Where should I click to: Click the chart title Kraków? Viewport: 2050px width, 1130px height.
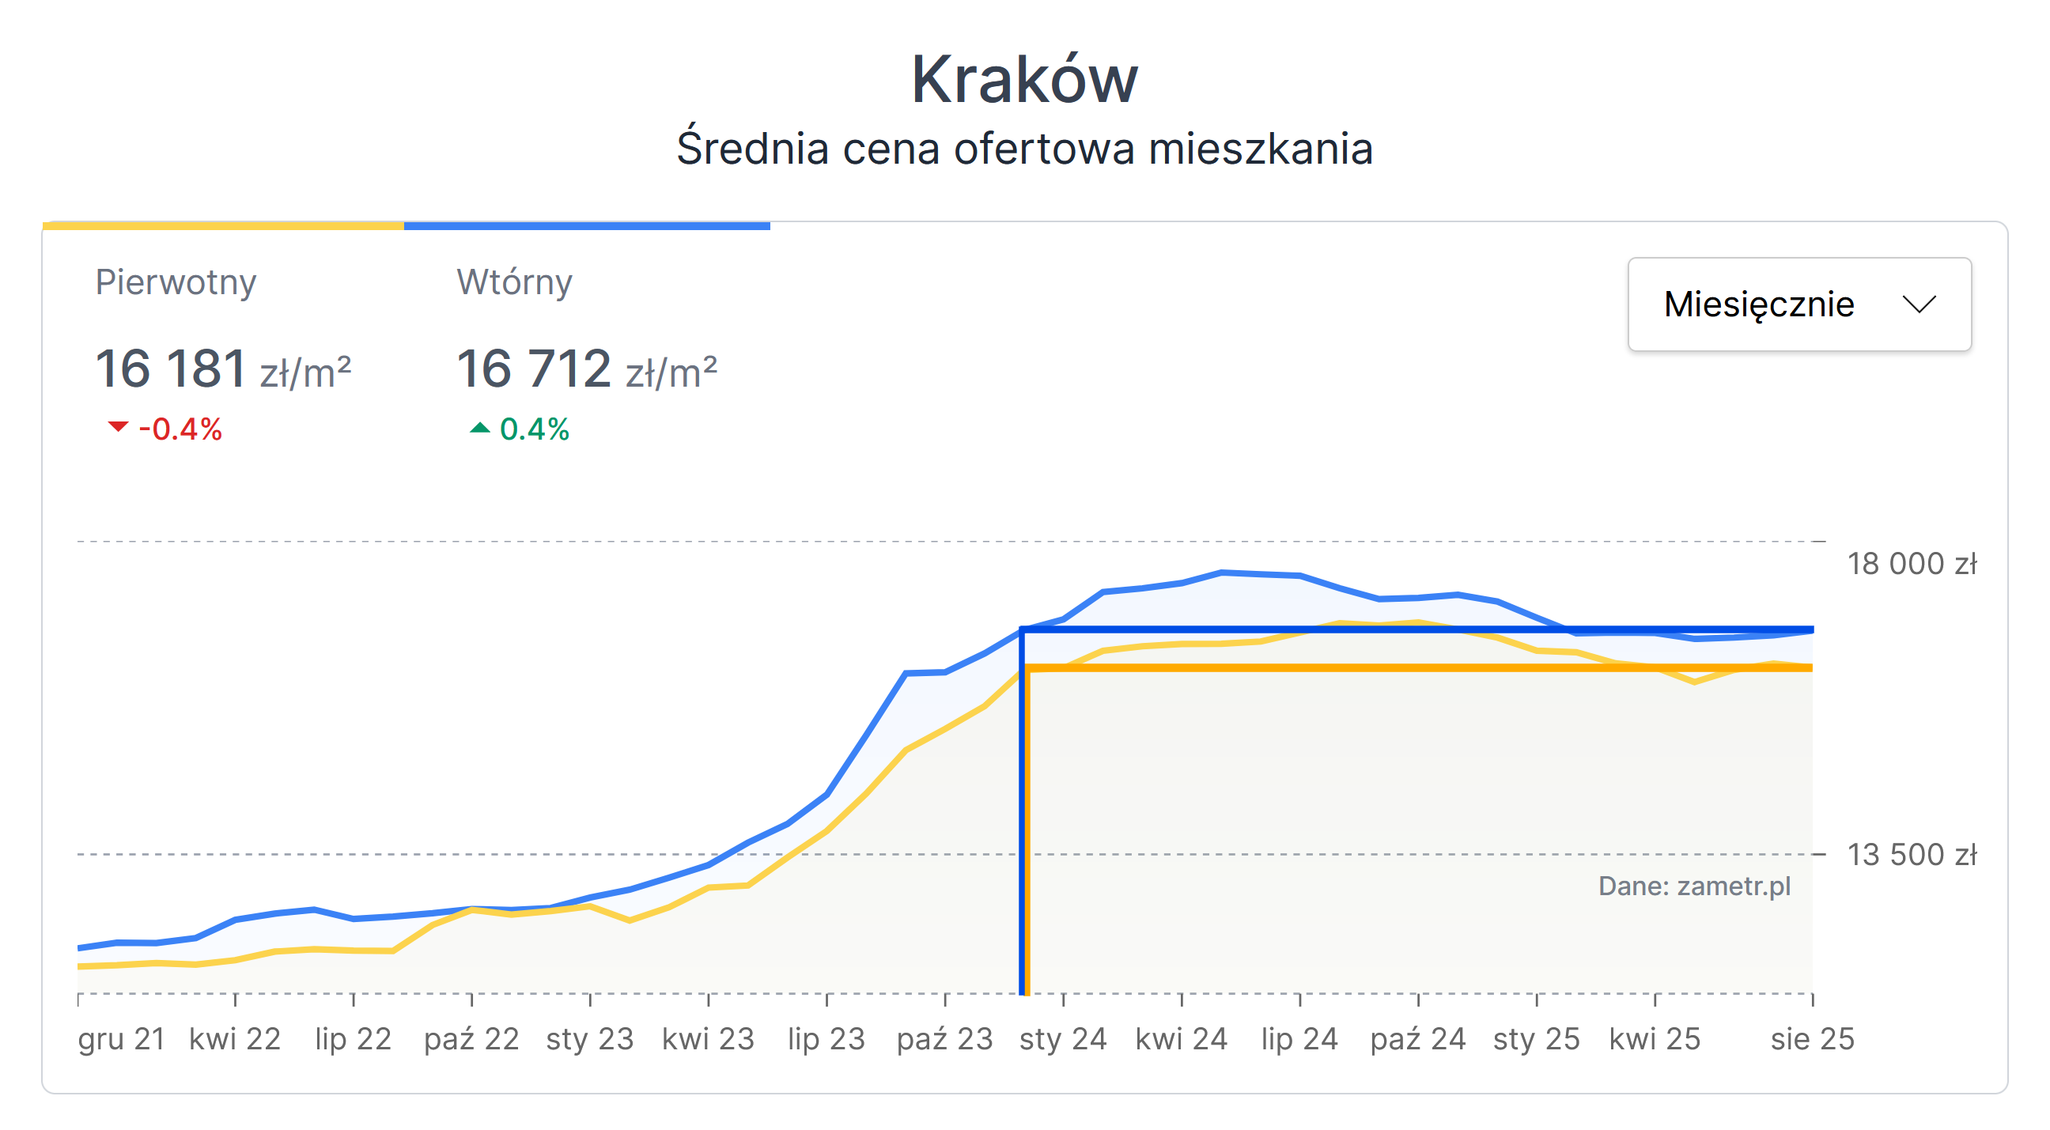(x=1024, y=80)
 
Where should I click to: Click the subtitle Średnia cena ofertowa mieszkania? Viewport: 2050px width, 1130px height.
(x=1024, y=149)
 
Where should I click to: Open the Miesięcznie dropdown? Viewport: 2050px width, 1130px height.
(x=1798, y=304)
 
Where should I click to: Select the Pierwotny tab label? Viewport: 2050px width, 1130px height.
(x=176, y=282)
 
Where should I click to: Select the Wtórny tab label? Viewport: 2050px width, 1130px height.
(x=514, y=282)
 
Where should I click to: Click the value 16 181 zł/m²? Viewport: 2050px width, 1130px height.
(x=223, y=369)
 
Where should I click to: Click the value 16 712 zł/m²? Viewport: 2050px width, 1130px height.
(x=587, y=369)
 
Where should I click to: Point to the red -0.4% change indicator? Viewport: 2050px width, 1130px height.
(x=165, y=429)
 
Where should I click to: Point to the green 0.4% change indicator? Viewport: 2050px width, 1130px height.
(x=520, y=429)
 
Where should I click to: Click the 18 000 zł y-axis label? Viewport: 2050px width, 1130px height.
(x=1911, y=564)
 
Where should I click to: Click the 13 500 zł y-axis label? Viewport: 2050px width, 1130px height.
(x=1911, y=856)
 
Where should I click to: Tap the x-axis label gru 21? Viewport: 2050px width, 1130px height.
(x=121, y=1039)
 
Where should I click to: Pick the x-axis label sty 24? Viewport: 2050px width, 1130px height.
(x=1062, y=1039)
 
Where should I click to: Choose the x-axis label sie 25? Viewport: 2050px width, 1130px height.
(x=1812, y=1039)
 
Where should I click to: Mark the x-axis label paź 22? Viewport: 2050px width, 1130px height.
(x=471, y=1039)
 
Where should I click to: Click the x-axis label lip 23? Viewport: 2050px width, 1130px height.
(x=826, y=1039)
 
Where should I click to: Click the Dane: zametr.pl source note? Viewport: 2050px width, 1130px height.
(x=1694, y=886)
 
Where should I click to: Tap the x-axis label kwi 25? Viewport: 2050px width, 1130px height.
(x=1655, y=1039)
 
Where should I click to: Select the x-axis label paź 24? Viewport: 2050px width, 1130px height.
(x=1417, y=1039)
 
